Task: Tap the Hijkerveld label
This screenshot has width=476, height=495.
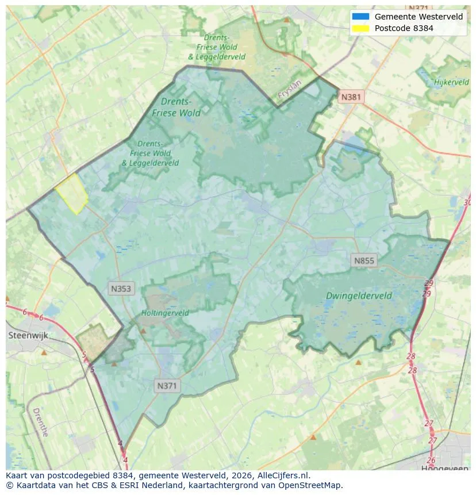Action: (451, 82)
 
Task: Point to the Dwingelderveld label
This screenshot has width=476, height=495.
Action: (359, 296)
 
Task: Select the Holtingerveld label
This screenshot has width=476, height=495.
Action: (165, 313)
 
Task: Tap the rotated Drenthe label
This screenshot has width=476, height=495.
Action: (40, 422)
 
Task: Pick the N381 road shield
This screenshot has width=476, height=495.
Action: (351, 97)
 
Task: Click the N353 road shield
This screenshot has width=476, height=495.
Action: (121, 289)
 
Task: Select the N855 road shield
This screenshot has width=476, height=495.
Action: (364, 261)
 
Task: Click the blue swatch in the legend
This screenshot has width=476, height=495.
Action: (360, 17)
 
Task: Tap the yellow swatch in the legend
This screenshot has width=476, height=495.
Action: (360, 28)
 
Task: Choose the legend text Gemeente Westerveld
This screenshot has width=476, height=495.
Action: (419, 17)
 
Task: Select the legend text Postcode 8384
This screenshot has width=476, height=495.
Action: (404, 28)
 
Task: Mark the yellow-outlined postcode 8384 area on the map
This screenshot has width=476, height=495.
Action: (72, 193)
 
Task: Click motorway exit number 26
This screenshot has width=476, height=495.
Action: (431, 460)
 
